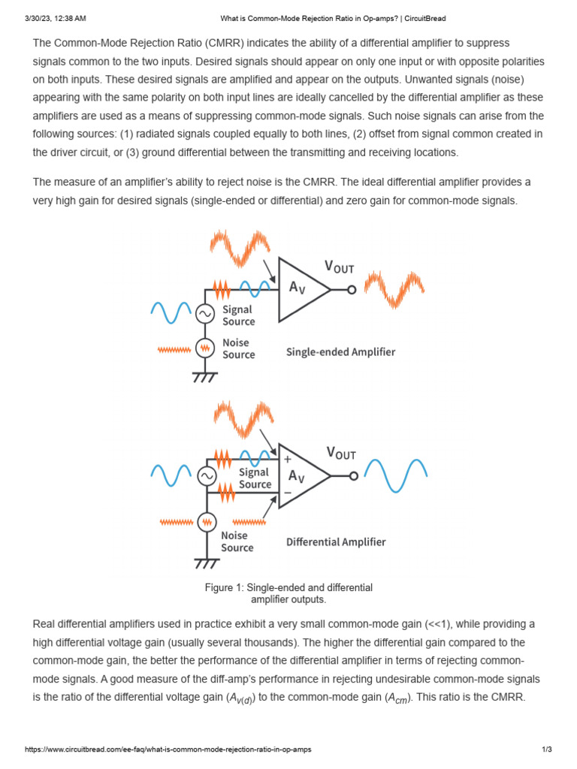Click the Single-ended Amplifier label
340,351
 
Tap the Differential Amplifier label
336,541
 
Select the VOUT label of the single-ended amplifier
340,266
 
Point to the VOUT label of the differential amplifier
341,453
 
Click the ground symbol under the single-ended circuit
205,377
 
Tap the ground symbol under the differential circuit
205,563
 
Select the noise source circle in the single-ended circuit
205,348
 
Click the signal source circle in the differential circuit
206,475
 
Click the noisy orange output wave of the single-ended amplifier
394,290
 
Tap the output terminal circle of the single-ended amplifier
351,290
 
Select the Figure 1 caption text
288,593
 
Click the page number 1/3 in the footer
547,749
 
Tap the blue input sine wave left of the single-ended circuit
171,313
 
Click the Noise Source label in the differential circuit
237,541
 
